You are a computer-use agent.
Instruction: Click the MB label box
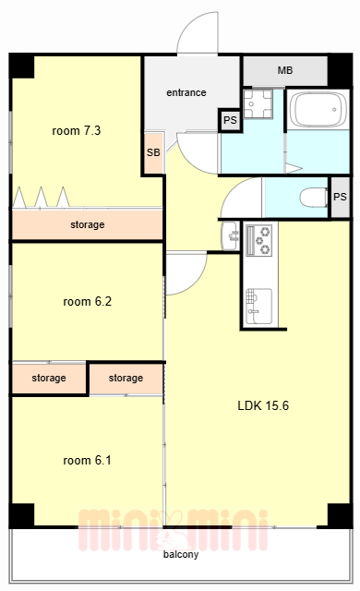pyautogui.click(x=285, y=71)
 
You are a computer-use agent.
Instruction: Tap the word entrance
pyautogui.click(x=186, y=92)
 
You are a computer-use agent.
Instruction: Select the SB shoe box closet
pyautogui.click(x=153, y=152)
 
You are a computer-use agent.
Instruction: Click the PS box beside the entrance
pyautogui.click(x=230, y=120)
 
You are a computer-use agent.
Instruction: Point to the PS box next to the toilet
pyautogui.click(x=340, y=197)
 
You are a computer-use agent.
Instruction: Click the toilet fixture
pyautogui.click(x=314, y=197)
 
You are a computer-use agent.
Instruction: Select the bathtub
pyautogui.click(x=319, y=109)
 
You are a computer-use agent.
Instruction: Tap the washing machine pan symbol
pyautogui.click(x=258, y=103)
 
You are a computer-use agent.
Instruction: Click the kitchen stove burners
pyautogui.click(x=258, y=240)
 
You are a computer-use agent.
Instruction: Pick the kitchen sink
pyautogui.click(x=258, y=306)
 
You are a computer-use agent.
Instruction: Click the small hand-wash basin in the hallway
pyautogui.click(x=230, y=236)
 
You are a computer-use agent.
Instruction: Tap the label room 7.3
pyautogui.click(x=77, y=131)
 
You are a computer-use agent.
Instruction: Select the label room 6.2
pyautogui.click(x=88, y=302)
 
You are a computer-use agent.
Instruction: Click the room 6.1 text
pyautogui.click(x=87, y=460)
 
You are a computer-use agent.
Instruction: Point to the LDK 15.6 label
pyautogui.click(x=263, y=405)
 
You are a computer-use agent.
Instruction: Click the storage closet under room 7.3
pyautogui.click(x=88, y=224)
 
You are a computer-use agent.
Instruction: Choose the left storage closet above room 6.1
pyautogui.click(x=49, y=379)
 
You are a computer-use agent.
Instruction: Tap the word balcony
pyautogui.click(x=181, y=554)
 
